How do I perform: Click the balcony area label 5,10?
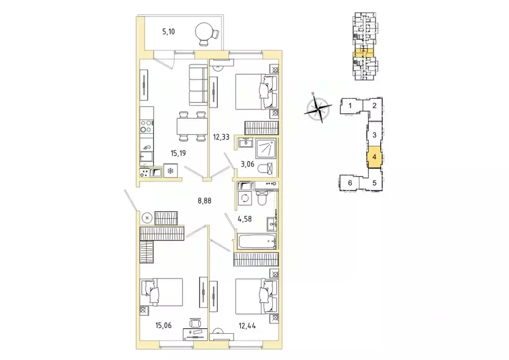click(x=169, y=31)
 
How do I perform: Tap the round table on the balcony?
click(x=203, y=31)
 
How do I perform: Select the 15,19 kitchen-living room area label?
click(x=178, y=153)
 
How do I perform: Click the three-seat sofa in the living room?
click(x=198, y=85)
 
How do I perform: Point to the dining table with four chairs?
click(x=192, y=126)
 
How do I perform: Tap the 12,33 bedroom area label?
click(x=221, y=137)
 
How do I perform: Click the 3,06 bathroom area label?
click(x=248, y=164)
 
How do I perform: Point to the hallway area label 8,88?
click(x=204, y=201)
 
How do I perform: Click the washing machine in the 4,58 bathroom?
click(x=245, y=198)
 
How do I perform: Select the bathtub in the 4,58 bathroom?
click(x=256, y=241)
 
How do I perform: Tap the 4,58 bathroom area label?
click(x=245, y=219)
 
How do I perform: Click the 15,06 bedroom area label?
click(x=163, y=325)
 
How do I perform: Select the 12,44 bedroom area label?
click(x=248, y=326)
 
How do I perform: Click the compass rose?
click(x=318, y=107)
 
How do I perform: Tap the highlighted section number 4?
click(x=374, y=157)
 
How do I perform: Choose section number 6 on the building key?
click(x=350, y=183)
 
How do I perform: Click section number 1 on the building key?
click(x=350, y=105)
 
